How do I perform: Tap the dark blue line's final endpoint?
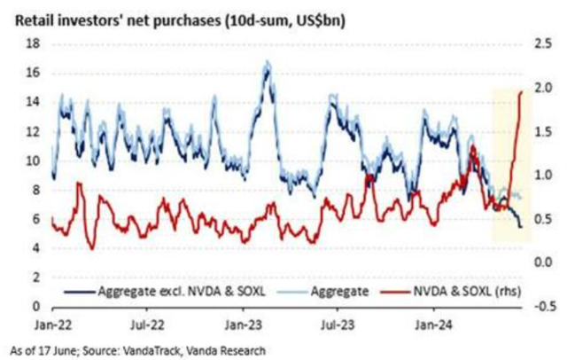pos(521,228)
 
